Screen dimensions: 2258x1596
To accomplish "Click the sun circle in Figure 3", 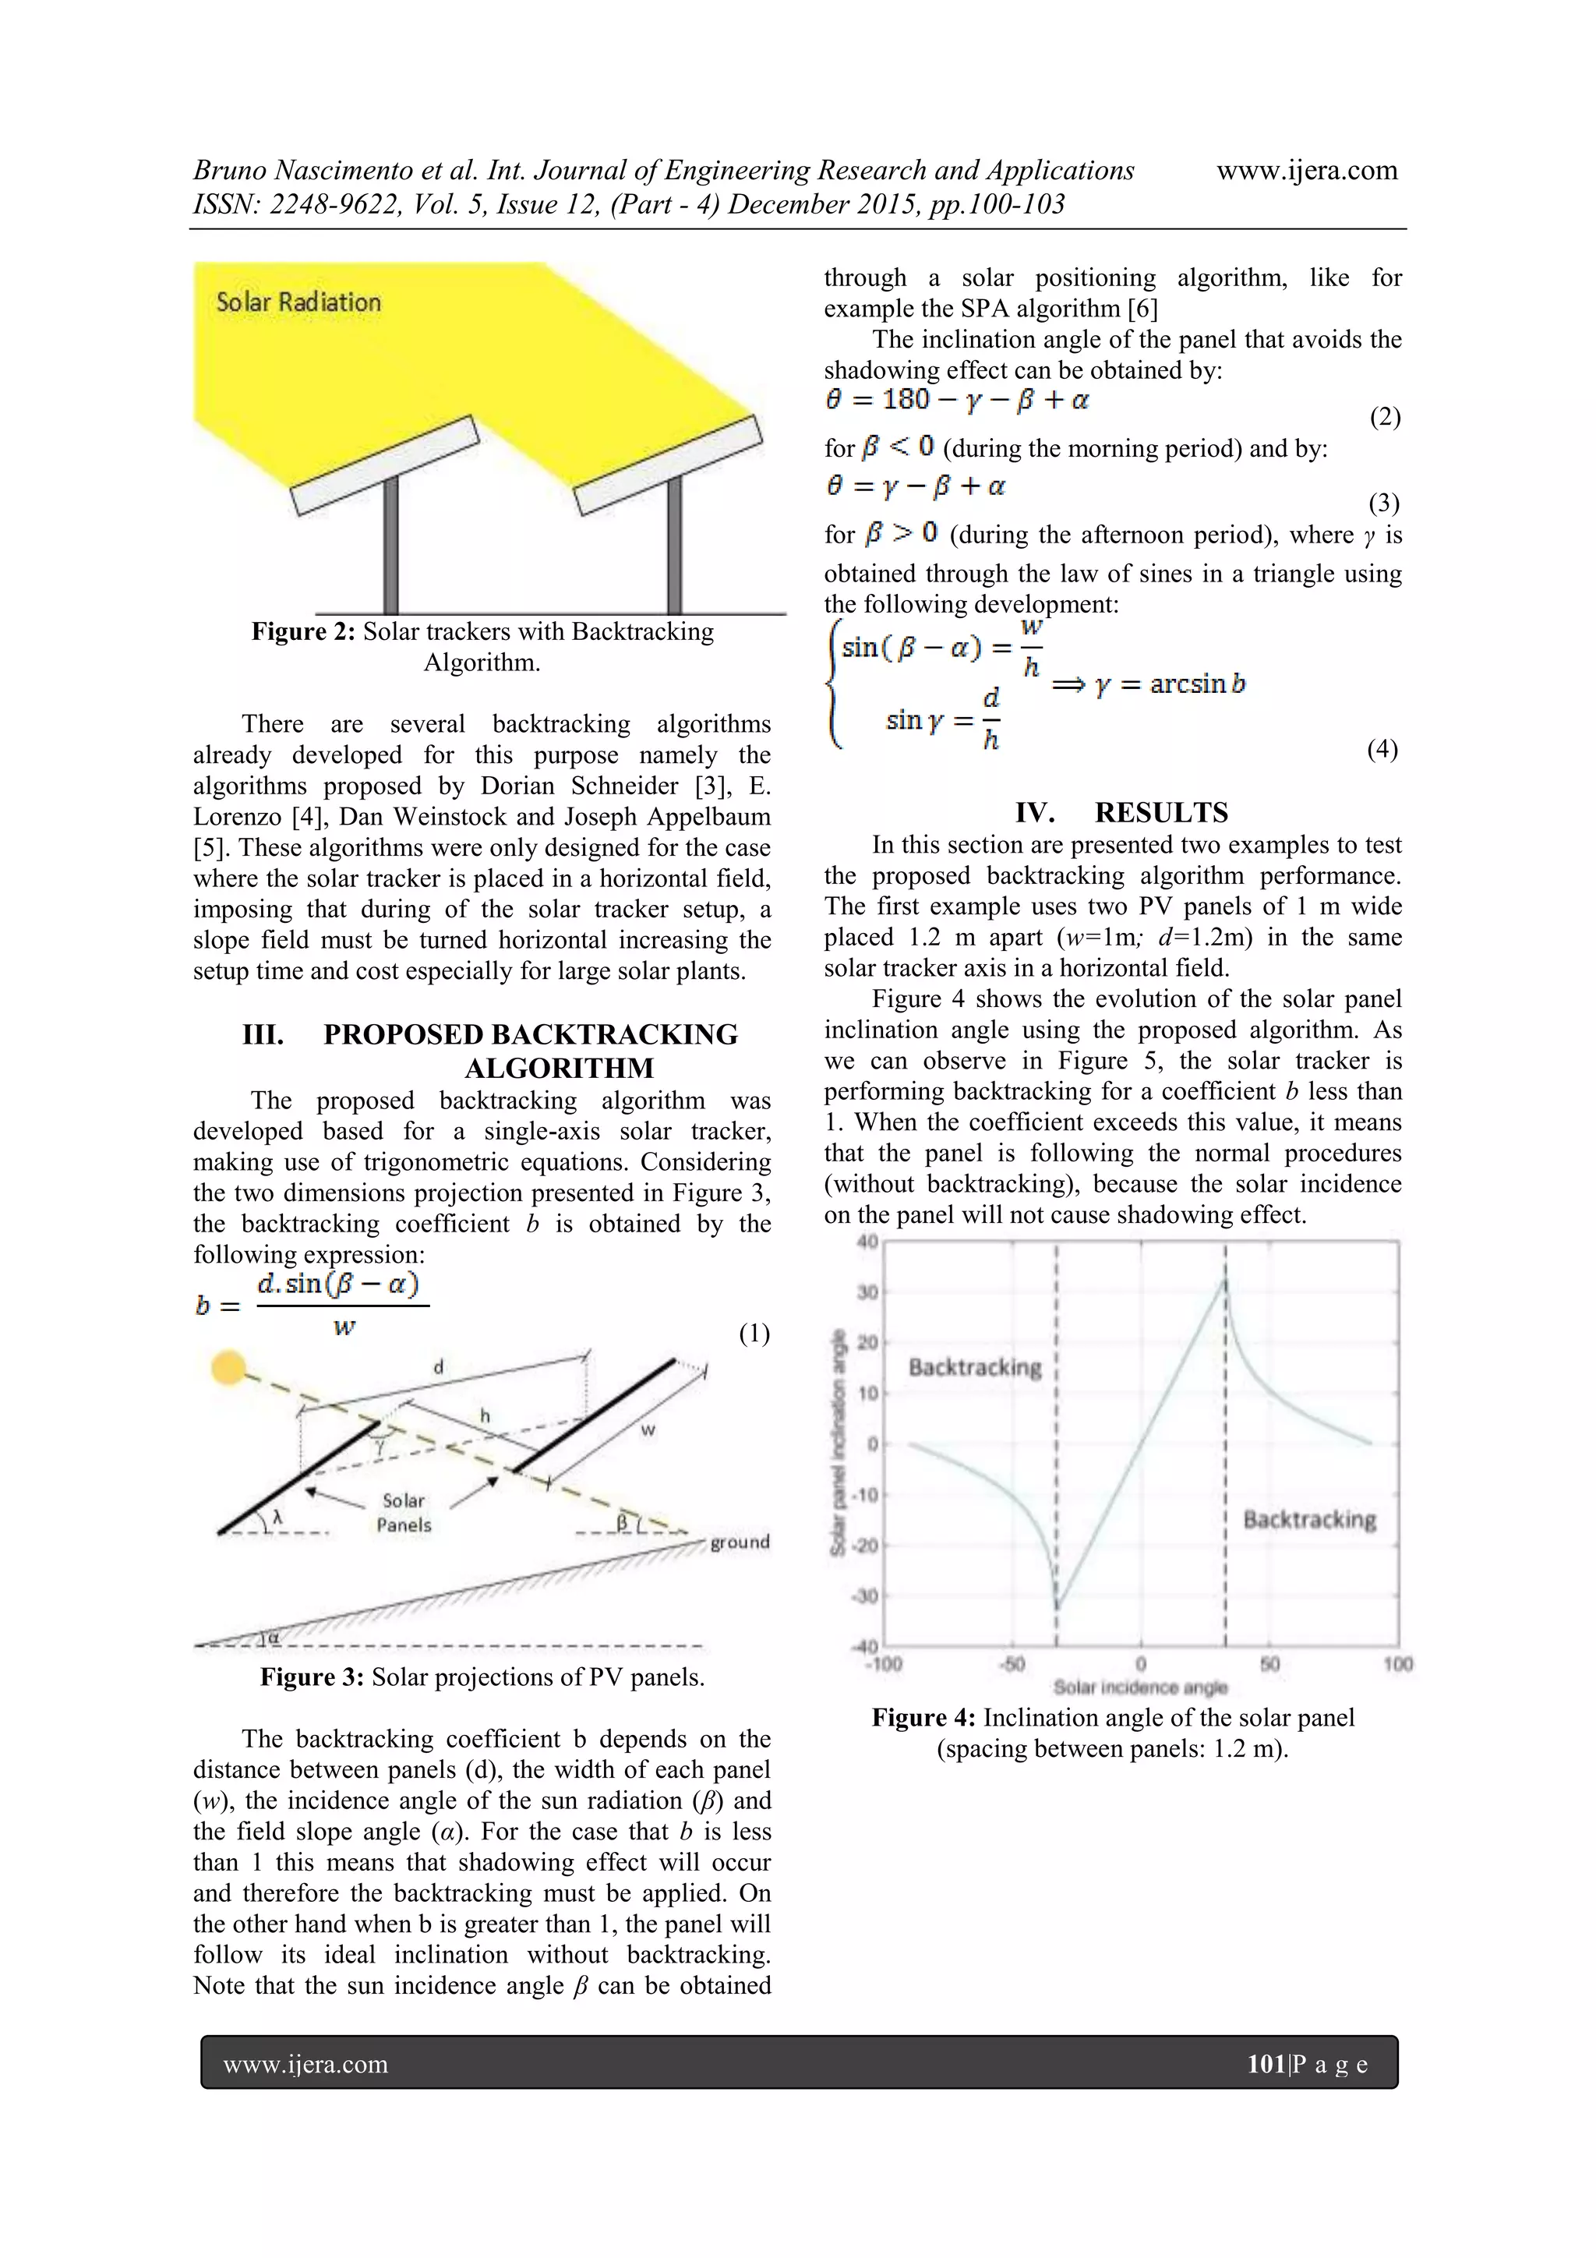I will (228, 1368).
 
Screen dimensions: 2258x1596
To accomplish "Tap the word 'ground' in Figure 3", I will (740, 1541).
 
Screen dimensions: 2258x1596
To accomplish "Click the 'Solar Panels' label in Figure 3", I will (403, 1513).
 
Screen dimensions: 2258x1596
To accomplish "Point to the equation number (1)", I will (754, 1334).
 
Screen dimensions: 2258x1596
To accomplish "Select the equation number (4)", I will (1382, 749).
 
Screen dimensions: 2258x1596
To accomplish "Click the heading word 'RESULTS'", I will (1160, 812).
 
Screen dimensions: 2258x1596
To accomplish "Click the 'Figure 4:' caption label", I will (923, 1718).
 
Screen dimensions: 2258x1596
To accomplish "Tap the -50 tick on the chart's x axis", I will (1012, 1664).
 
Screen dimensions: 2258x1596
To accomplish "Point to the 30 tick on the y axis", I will (867, 1292).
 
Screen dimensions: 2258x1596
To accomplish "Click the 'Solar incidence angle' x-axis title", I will (1139, 1687).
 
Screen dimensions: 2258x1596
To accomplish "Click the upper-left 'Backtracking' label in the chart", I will (975, 1367).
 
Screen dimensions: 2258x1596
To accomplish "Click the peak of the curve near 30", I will (1224, 1281).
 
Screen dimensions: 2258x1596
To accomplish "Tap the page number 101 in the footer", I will (1266, 2063).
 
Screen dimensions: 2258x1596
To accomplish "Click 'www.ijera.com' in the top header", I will (1306, 170).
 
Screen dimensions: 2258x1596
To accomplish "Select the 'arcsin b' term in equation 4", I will (1197, 684).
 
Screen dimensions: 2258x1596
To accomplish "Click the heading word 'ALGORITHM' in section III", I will (559, 1068).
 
